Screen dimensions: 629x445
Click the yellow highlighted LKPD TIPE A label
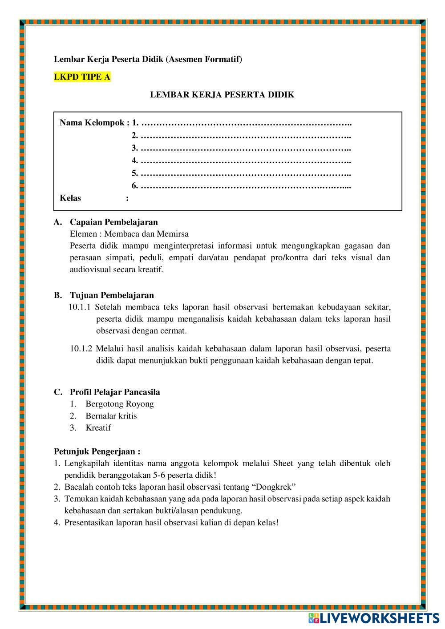tap(82, 77)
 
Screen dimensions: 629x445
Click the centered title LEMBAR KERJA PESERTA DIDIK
tap(222, 95)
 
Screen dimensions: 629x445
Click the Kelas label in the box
tap(70, 198)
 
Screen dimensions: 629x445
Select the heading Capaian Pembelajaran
tap(113, 222)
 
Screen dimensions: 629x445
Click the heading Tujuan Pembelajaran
tap(112, 295)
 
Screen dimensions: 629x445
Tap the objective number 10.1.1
tap(80, 307)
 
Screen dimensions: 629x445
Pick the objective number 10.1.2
tap(81, 348)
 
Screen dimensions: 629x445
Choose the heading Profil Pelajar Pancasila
tap(115, 392)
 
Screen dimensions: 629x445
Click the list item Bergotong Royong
tap(120, 404)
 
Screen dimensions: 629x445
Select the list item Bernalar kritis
tap(111, 416)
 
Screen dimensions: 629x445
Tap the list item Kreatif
tap(98, 427)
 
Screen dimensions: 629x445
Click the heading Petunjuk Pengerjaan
tap(97, 452)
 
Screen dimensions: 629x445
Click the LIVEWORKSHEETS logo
tap(374, 617)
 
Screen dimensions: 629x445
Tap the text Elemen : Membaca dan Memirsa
tap(129, 234)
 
